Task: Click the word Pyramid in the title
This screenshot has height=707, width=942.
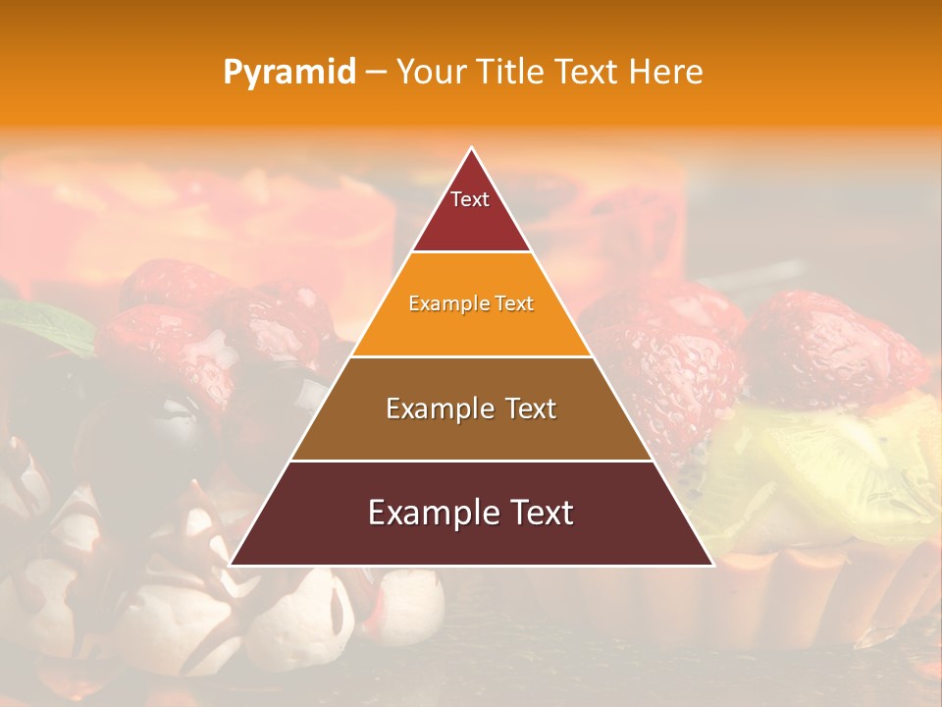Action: pyautogui.click(x=288, y=73)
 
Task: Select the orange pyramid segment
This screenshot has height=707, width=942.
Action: pyautogui.click(x=471, y=329)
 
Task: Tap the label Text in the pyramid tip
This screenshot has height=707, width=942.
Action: pyautogui.click(x=470, y=199)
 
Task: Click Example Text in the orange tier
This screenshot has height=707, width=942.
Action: pyautogui.click(x=471, y=303)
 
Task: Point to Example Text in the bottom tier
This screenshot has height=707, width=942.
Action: pyautogui.click(x=471, y=513)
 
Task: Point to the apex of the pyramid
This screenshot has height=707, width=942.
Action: pyautogui.click(x=472, y=149)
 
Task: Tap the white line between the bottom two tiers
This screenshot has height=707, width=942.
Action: pyautogui.click(x=471, y=461)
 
